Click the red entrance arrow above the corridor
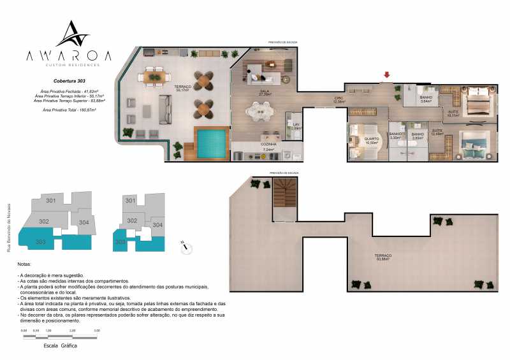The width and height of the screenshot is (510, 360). [x=384, y=76]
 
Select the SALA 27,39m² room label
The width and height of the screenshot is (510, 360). [x=264, y=93]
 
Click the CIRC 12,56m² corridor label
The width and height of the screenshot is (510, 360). [x=339, y=100]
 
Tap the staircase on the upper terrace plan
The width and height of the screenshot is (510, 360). [x=285, y=198]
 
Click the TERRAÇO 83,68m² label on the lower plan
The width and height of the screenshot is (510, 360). [x=383, y=257]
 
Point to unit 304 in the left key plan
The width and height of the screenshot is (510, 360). [x=84, y=222]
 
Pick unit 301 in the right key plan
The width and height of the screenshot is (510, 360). [x=131, y=201]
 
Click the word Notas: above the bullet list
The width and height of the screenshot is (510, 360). [x=25, y=264]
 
